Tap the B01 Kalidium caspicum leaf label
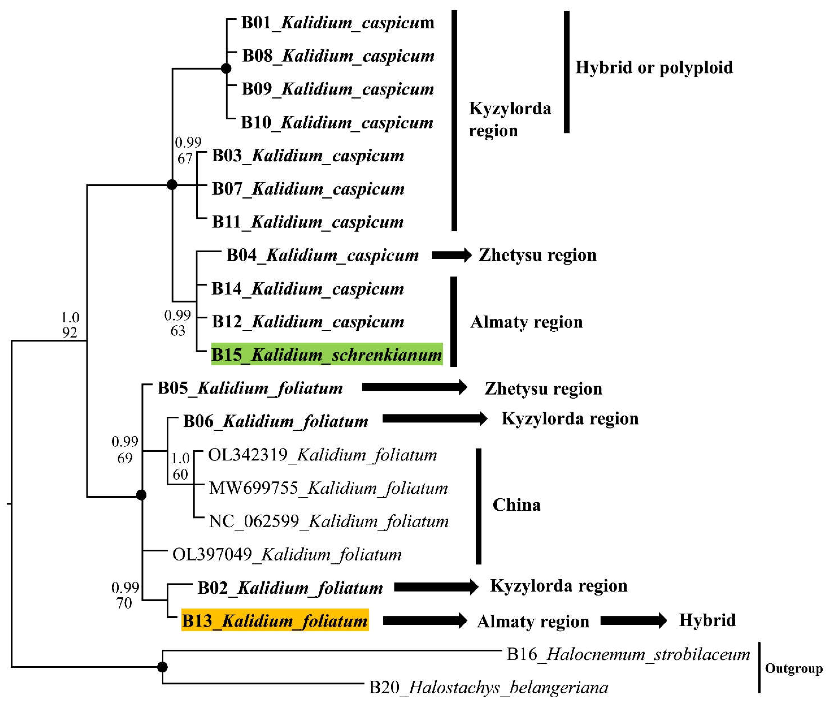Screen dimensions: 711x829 coord(337,23)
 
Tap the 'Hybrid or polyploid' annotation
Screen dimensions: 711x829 coord(654,67)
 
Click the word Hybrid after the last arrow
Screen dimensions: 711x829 coord(707,620)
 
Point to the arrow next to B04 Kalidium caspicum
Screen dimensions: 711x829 coord(452,255)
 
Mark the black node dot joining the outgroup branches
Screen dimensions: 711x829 coord(162,667)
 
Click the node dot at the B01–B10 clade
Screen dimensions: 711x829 coord(226,69)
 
